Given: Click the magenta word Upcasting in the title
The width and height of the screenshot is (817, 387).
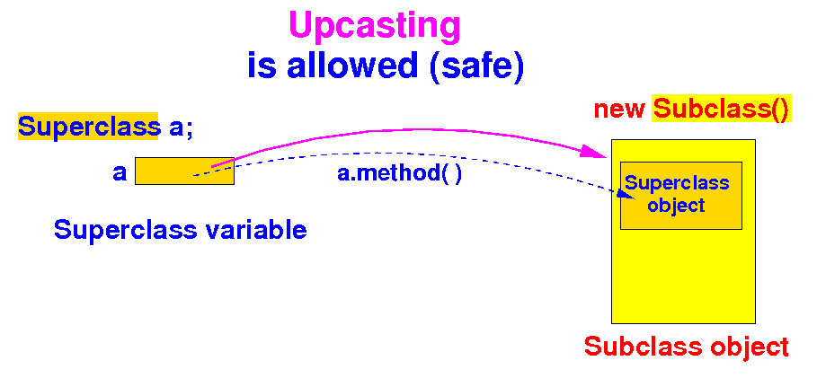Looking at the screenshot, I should pos(375,26).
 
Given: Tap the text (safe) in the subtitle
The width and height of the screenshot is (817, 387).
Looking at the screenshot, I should pos(477,66).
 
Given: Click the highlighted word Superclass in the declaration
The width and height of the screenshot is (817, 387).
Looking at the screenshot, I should pos(88,127).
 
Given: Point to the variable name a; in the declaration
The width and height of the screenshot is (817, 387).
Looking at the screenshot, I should pos(181,127).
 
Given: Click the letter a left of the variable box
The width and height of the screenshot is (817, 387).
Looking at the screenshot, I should pos(120,172).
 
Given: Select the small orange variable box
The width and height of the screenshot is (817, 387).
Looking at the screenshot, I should pos(184,171).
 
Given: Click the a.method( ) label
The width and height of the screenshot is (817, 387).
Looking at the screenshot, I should pos(399,172).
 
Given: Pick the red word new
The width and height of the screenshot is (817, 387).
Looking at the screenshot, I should pos(619,110).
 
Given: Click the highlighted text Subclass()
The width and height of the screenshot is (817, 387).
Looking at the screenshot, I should pos(721,110).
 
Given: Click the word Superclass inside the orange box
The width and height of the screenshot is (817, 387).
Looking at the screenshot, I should pos(677,184).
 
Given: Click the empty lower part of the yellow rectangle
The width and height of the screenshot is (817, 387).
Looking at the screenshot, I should pos(683,278).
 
